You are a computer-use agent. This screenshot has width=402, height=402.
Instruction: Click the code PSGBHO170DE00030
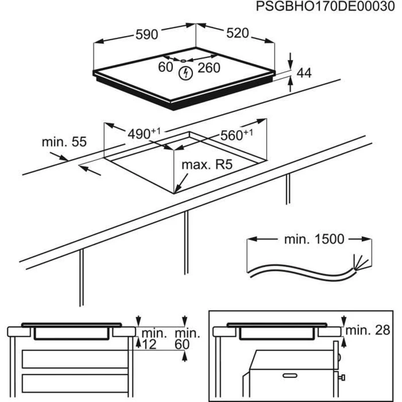(x=323, y=8)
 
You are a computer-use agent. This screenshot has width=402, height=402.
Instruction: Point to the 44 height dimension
(x=304, y=73)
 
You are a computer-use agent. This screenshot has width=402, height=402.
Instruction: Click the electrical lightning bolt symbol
(x=186, y=73)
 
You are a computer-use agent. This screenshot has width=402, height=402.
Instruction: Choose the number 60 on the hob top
(x=165, y=67)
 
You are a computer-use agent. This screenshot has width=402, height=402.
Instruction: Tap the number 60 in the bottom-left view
(x=182, y=344)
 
